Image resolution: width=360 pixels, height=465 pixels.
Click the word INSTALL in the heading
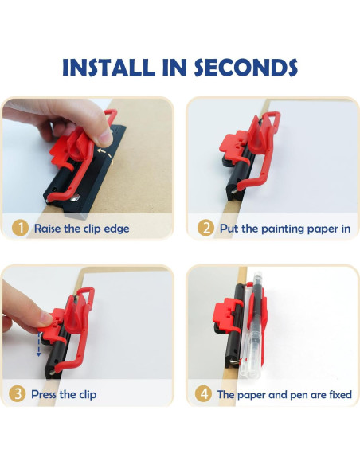(109, 68)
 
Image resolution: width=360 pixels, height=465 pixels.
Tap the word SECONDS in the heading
(246, 68)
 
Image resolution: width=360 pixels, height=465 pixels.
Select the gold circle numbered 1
(20, 229)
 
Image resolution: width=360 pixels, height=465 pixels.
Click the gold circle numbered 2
(205, 228)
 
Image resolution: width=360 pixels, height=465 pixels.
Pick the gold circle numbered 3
(18, 394)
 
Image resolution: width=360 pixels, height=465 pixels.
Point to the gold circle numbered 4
(203, 394)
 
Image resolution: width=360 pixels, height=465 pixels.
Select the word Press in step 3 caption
(44, 394)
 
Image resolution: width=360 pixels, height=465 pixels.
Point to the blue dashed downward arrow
(38, 344)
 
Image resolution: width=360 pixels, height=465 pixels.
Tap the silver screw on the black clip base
(76, 197)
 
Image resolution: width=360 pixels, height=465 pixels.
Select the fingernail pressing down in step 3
(45, 318)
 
